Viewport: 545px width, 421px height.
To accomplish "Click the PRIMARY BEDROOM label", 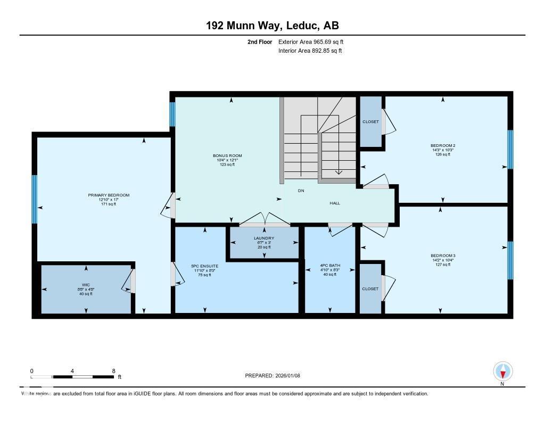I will (109, 195).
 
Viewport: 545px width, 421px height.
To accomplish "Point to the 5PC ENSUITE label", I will (205, 266).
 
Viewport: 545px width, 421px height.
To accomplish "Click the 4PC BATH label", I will (330, 266).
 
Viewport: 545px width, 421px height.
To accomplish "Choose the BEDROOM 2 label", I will (443, 145).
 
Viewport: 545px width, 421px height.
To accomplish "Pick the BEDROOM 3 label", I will (443, 255).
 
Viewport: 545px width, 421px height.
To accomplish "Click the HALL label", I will (334, 203).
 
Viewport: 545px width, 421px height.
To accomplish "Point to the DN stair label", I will (301, 191).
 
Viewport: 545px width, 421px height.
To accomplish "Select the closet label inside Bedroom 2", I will (370, 122).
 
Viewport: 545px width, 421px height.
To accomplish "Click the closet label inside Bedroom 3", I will (370, 289).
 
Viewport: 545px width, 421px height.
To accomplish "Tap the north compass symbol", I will (502, 372).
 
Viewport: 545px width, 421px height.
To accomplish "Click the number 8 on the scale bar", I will (113, 370).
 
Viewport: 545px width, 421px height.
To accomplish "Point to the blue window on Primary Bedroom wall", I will (35, 200).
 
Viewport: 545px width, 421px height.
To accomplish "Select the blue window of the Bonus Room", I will (172, 114).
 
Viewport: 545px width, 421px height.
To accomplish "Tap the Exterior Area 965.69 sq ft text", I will (314, 42).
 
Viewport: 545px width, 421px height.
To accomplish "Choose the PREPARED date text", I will (276, 376).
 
